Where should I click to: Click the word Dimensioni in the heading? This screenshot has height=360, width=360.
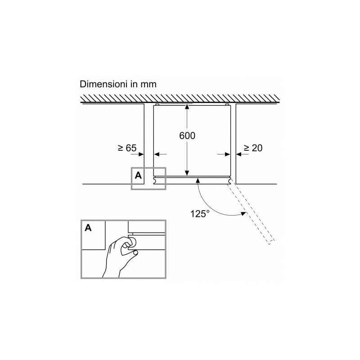point(103,84)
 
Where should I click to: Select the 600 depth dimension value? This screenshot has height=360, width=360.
point(187,136)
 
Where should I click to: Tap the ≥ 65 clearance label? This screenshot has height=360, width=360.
point(127,148)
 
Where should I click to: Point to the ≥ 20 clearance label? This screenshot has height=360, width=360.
point(253,148)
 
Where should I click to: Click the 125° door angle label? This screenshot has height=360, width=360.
point(199,214)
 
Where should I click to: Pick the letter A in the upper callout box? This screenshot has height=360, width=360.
point(138,175)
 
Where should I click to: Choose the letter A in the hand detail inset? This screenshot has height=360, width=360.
point(88,228)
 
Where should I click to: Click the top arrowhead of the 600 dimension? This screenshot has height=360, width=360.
point(187,107)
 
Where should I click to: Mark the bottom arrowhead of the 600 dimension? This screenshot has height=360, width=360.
point(187,173)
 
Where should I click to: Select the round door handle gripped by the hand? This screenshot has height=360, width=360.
point(132,242)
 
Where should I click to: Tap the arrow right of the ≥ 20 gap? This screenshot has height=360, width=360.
point(242,154)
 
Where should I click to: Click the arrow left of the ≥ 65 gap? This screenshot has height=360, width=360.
point(137,154)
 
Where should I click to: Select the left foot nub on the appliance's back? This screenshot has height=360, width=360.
point(157,105)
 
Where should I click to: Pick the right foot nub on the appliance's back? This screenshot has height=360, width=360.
point(227,105)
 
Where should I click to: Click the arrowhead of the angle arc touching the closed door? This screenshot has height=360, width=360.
point(198,181)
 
